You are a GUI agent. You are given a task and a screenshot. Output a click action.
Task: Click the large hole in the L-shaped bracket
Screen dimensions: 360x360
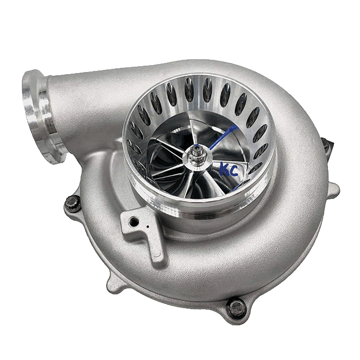pyautogui.click(x=132, y=219)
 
